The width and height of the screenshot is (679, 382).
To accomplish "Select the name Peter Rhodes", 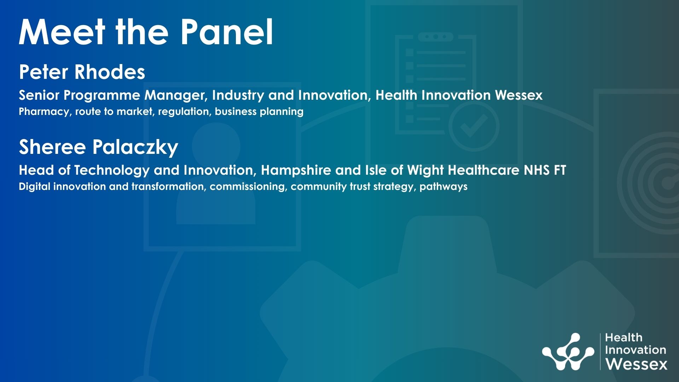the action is pos(82,72).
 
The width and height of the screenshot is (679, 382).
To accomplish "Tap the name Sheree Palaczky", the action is pos(98,147).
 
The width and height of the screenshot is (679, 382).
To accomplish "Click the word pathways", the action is pos(443,187).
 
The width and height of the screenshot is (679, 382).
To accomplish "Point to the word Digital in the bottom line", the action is pos(34,186).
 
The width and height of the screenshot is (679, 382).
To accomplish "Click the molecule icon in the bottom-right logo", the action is pos(568,352).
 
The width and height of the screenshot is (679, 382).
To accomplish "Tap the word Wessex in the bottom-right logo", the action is pos(636,364).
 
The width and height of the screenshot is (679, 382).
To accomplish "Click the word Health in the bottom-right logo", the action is pos(623,337).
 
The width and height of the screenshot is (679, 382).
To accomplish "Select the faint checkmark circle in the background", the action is pos(474,126).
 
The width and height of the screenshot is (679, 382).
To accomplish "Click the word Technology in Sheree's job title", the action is pos(112,170).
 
